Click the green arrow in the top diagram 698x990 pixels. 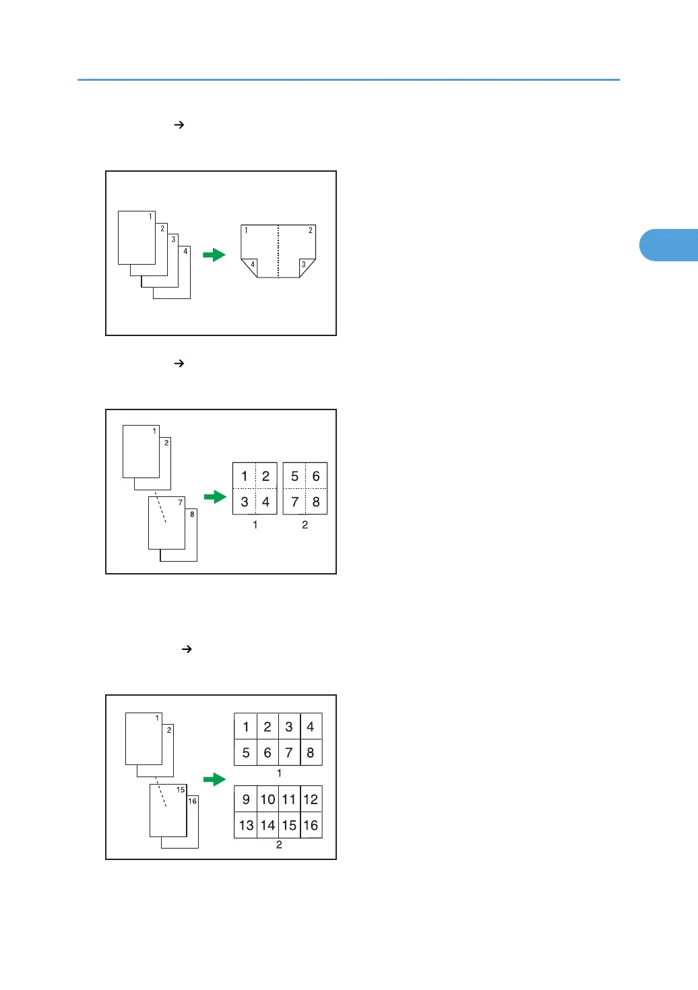[214, 255]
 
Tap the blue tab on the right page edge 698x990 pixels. [668, 245]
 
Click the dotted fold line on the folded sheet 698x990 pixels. [278, 251]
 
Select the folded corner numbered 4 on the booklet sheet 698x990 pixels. [251, 267]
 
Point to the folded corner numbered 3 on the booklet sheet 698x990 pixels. [305, 267]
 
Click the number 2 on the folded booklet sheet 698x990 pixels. [311, 230]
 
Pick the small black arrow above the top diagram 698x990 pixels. [179, 125]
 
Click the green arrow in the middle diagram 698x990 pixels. [215, 497]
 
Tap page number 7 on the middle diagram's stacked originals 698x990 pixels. [180, 502]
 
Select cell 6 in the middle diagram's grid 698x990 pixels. [316, 476]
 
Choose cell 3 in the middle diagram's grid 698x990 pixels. [245, 502]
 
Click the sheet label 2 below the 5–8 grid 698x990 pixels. [305, 525]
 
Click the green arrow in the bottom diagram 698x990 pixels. [215, 779]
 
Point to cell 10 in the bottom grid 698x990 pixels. [267, 799]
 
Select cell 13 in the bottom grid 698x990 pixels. [246, 825]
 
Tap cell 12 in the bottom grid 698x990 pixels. [311, 799]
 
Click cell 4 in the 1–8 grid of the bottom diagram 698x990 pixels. [311, 727]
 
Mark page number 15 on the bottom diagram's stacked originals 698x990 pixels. [181, 790]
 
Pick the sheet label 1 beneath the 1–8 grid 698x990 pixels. [279, 773]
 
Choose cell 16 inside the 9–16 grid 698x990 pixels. [311, 825]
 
